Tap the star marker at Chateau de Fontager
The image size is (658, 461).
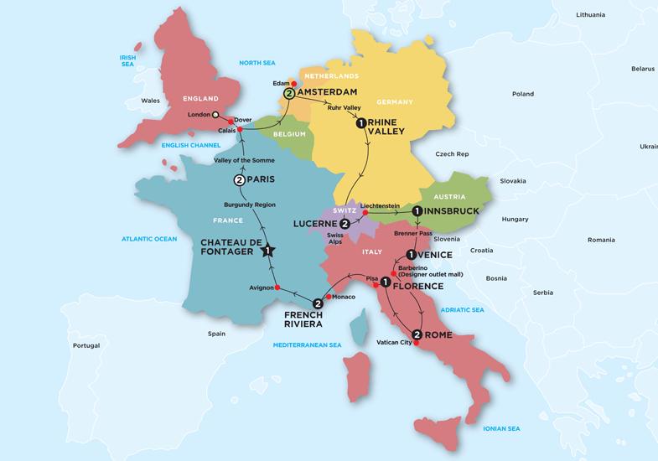[x=268, y=249]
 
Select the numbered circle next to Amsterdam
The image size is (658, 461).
[x=290, y=94]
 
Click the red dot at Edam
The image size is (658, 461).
[x=294, y=84]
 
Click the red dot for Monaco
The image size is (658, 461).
[x=329, y=297]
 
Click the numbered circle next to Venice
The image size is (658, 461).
[x=411, y=254]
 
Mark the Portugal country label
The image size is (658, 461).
[x=85, y=345]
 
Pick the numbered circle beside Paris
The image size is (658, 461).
[x=238, y=180]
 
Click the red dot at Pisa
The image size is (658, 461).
[x=375, y=285]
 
